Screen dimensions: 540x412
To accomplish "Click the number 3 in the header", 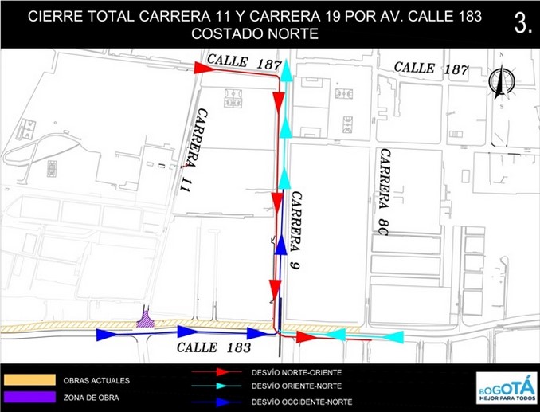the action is [x=522, y=24].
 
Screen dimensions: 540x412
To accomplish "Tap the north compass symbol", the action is [x=501, y=82].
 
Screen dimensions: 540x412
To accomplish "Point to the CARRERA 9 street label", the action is [x=296, y=230].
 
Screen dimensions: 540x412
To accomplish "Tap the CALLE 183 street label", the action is [x=213, y=348].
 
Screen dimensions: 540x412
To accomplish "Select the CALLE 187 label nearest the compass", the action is [x=431, y=69].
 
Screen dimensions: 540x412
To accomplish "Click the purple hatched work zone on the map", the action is [x=146, y=320].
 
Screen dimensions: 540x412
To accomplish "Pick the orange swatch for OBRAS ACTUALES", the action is [x=29, y=380].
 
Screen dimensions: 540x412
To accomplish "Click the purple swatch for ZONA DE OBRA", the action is [x=29, y=396].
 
